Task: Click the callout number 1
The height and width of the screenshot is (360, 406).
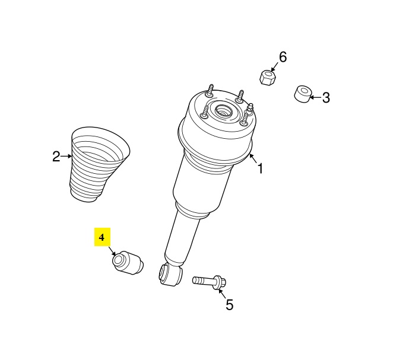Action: coord(260,168)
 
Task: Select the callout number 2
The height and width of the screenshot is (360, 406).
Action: coord(56,157)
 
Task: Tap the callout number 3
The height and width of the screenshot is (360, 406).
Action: coord(326,98)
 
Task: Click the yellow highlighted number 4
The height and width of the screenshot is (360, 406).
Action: coord(102,237)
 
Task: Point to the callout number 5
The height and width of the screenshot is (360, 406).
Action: coord(229,304)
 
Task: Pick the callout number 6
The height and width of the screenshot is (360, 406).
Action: coord(283,57)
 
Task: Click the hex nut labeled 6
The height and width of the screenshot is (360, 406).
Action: coord(268,78)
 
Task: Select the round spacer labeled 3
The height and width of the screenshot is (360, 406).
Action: coord(303,94)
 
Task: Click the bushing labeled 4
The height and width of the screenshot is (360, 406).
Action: coord(128,262)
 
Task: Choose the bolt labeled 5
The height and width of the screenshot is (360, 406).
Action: coord(209,282)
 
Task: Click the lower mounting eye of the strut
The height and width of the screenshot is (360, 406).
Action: coord(170,275)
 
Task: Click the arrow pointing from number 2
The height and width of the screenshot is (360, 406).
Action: coord(66,156)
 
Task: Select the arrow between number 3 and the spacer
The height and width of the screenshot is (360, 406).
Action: coord(316,98)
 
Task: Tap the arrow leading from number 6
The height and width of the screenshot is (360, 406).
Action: coord(275,66)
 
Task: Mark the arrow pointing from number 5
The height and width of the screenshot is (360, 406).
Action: coord(221,294)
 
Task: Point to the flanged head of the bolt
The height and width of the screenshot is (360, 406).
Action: coord(220,282)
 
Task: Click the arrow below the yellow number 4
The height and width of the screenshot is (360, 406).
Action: coord(112,251)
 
